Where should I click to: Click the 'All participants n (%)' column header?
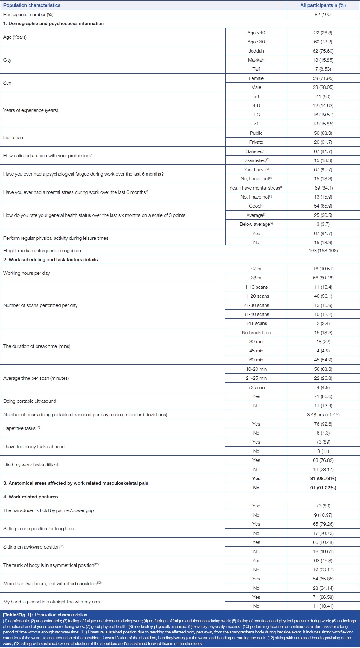pos(323,5)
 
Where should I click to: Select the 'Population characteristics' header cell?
pos(32,5)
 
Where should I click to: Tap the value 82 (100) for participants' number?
pos(323,15)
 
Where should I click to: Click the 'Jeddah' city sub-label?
pos(256,51)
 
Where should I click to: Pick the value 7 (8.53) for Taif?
pos(323,69)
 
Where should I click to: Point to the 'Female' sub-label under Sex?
pos(256,78)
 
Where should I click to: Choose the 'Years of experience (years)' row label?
pos(30,110)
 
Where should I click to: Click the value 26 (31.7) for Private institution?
pos(323,142)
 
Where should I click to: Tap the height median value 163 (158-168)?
pos(323,251)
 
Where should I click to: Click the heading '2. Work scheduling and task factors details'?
pos(50,260)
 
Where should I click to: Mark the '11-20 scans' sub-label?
pos(256,296)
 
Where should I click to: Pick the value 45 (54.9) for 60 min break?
pos(323,360)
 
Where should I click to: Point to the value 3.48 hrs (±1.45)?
pos(323,415)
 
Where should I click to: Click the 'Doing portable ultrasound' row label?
pos(30,401)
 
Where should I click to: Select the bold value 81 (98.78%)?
pos(323,479)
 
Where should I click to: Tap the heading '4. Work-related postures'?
pos(30,497)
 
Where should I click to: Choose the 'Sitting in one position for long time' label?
pos(38,529)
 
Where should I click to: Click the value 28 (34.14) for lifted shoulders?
pos(323,588)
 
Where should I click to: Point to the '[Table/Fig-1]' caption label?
pos(18,615)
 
